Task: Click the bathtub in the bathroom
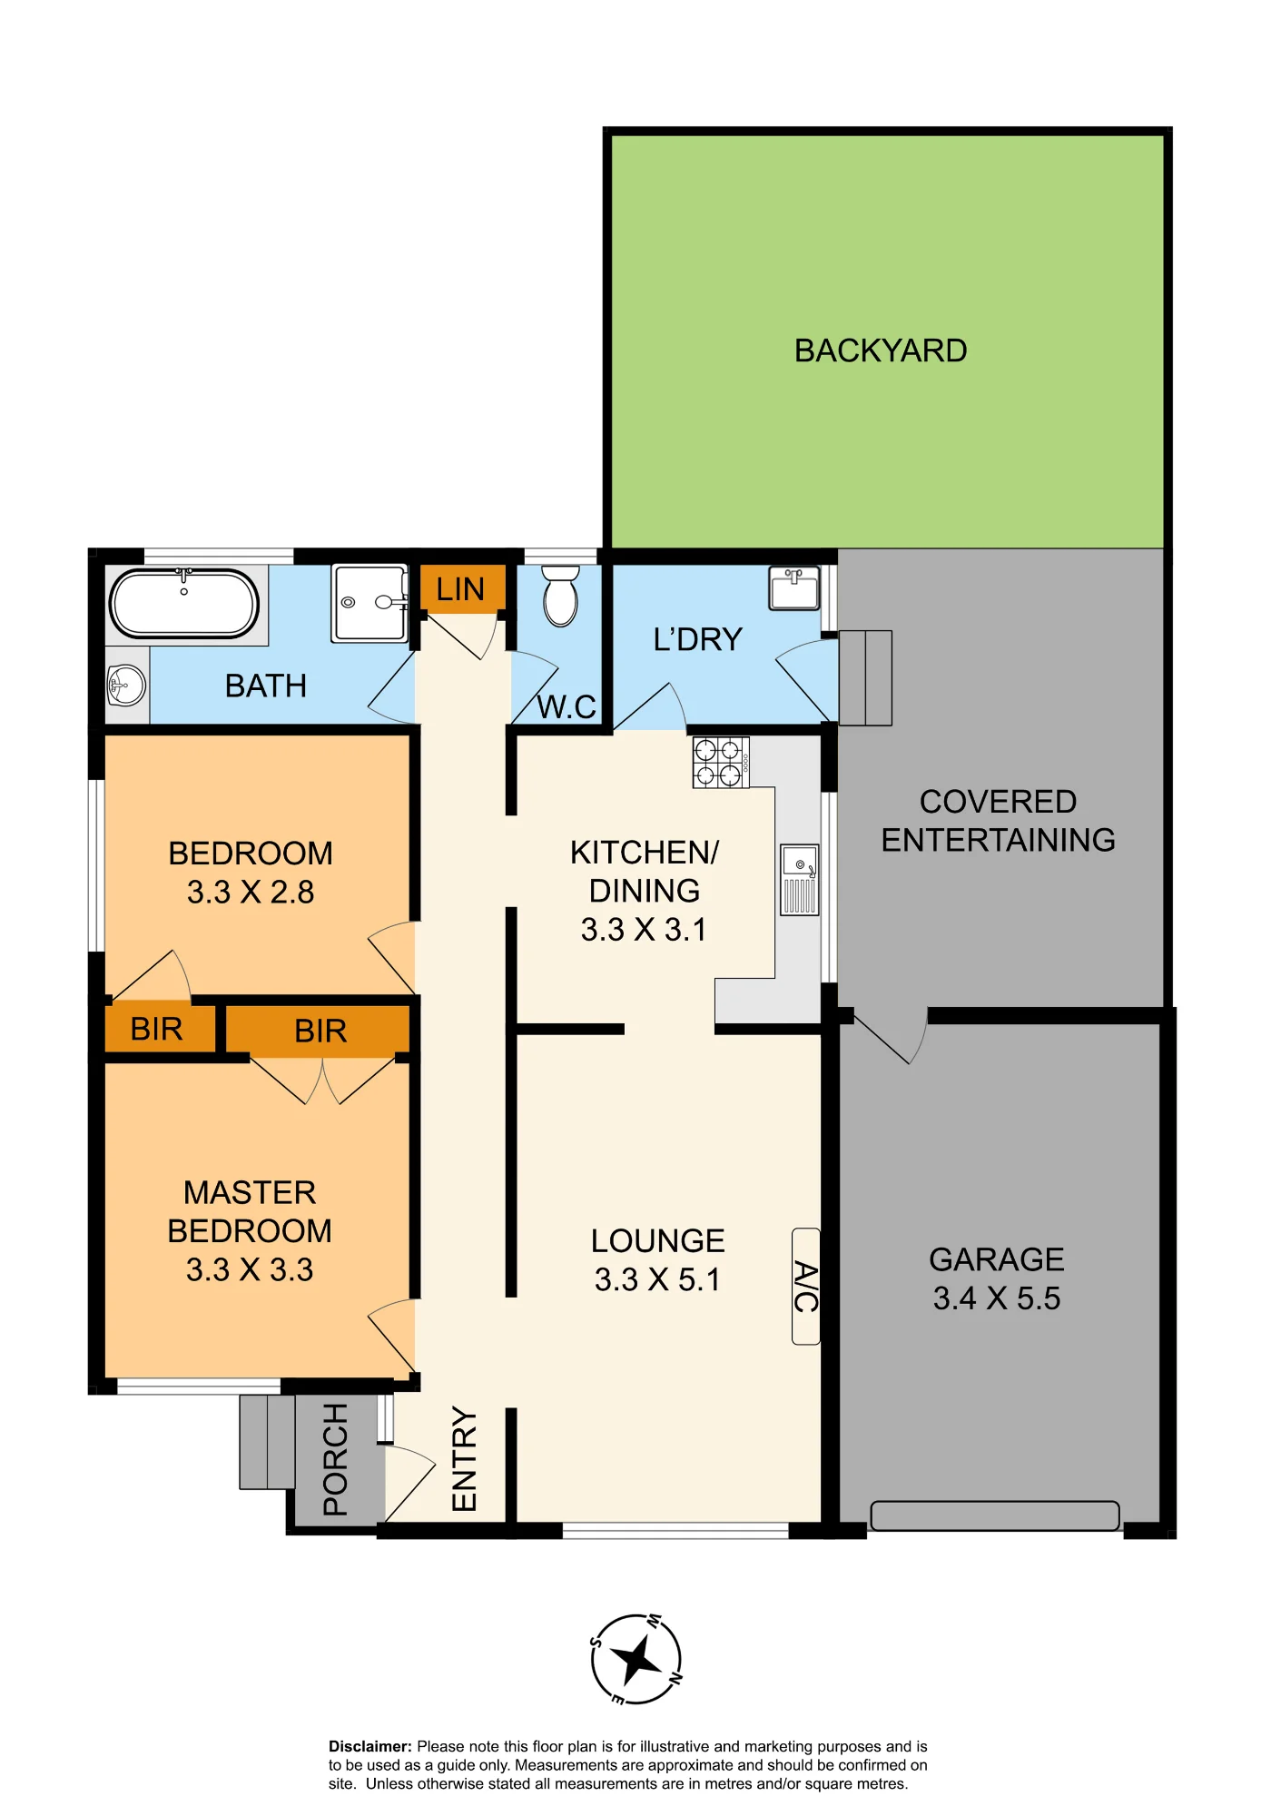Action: click(184, 603)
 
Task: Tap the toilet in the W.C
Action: click(560, 596)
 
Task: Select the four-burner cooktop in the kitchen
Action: click(721, 762)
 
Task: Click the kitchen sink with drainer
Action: click(800, 879)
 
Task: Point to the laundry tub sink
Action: click(794, 587)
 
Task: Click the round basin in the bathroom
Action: click(126, 685)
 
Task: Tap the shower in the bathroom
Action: click(369, 603)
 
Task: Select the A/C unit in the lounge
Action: click(806, 1286)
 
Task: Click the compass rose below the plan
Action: click(636, 1659)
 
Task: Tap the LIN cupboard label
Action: click(460, 589)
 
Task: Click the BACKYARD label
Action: click(881, 350)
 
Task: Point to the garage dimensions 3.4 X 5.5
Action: click(997, 1298)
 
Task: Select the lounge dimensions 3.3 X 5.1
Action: click(658, 1279)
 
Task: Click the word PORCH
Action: click(335, 1459)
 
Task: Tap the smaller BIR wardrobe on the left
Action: click(157, 1029)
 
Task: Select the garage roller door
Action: click(995, 1515)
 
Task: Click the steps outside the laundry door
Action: click(865, 678)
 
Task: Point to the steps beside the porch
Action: click(267, 1442)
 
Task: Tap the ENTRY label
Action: click(464, 1459)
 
